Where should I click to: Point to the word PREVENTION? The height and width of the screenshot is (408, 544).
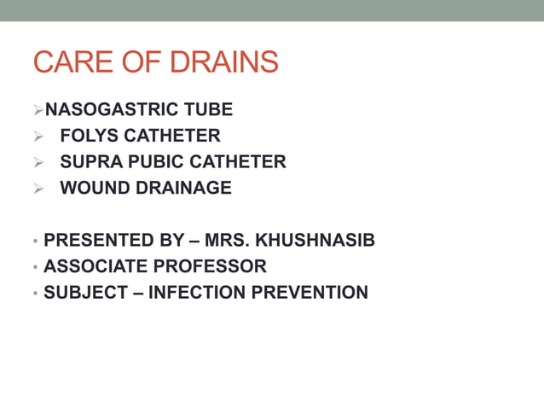(x=310, y=293)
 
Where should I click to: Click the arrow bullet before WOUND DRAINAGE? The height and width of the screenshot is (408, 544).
(x=38, y=188)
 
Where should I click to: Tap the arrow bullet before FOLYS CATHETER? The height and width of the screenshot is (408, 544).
(x=38, y=136)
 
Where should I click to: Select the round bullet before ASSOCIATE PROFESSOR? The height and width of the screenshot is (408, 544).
(x=35, y=267)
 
